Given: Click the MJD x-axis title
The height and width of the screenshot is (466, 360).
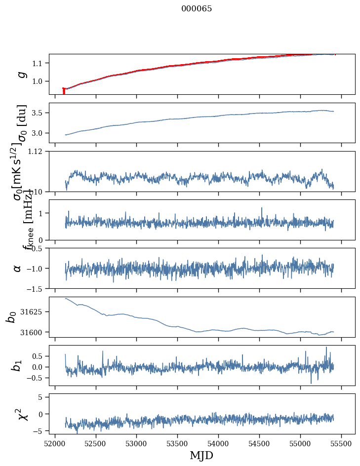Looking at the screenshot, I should [201, 455].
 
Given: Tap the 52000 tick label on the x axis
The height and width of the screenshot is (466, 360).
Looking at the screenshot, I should [55, 443].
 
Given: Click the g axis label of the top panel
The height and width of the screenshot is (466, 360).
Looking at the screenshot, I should [21, 74].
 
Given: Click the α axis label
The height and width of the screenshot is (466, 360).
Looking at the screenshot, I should [18, 268].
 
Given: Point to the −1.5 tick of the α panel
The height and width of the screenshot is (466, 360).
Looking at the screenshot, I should [36, 288].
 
